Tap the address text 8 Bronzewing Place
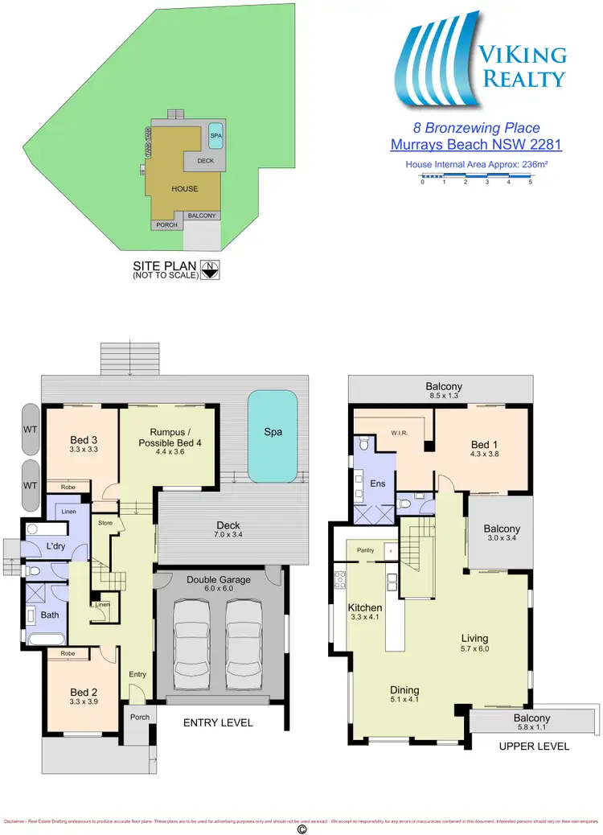[476, 128]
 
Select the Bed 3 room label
[84, 440]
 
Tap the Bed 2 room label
[84, 692]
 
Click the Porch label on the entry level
[140, 717]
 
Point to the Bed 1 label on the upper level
[485, 445]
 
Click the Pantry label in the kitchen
[367, 551]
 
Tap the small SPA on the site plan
[215, 136]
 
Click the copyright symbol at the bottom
[302, 828]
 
